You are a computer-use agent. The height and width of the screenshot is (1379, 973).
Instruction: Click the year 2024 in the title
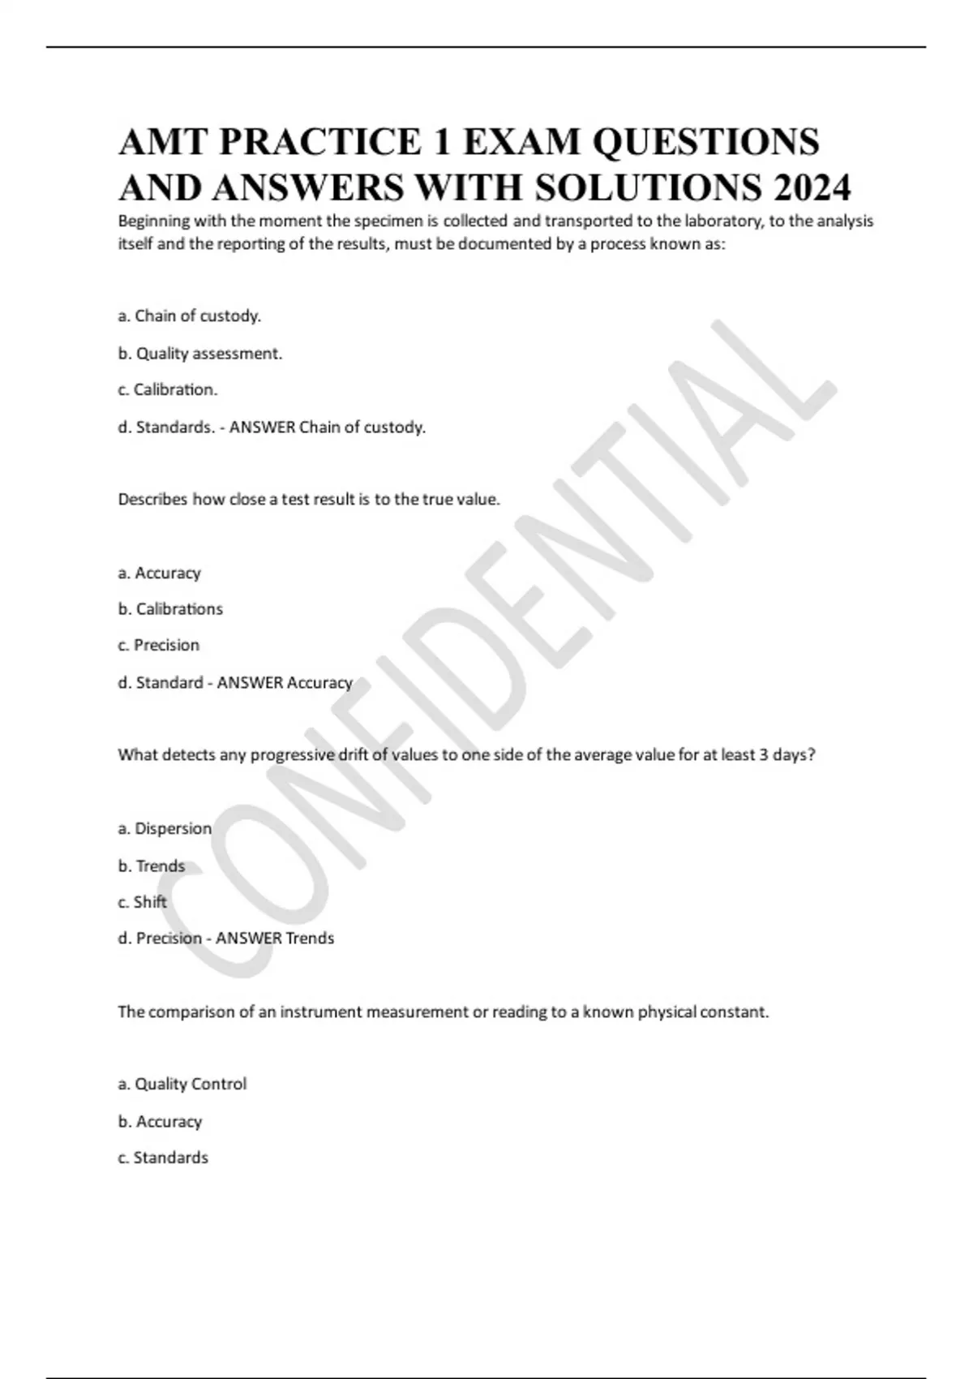pyautogui.click(x=812, y=188)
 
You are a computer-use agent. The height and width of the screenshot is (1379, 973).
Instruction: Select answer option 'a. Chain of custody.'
pyautogui.click(x=190, y=316)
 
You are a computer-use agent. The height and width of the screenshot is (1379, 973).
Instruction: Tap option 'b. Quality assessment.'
pyautogui.click(x=200, y=354)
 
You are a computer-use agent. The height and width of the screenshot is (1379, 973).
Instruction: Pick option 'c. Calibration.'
pyautogui.click(x=168, y=390)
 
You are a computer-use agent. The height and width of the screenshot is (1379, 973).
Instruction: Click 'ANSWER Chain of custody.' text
pyautogui.click(x=328, y=427)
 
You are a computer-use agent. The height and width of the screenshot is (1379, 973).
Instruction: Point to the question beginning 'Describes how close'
pyautogui.click(x=309, y=500)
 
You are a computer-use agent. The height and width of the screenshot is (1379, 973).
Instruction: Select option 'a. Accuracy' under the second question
pyautogui.click(x=159, y=574)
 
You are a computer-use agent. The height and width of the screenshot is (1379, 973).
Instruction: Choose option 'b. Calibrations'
pyautogui.click(x=170, y=609)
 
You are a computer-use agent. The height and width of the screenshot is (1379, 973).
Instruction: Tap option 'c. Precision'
pyautogui.click(x=159, y=646)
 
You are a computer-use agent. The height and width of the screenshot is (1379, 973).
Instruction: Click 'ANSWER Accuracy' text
pyautogui.click(x=285, y=683)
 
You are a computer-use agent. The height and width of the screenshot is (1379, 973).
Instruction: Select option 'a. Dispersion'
pyautogui.click(x=165, y=829)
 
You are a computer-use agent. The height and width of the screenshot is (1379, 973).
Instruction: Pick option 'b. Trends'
pyautogui.click(x=152, y=866)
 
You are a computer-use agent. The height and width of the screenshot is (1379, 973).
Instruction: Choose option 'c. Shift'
pyautogui.click(x=143, y=902)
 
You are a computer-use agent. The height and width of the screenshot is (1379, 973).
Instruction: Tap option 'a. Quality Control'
pyautogui.click(x=182, y=1085)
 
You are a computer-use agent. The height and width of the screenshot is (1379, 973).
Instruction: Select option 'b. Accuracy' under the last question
pyautogui.click(x=160, y=1122)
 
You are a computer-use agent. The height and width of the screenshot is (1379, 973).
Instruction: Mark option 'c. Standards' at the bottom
pyautogui.click(x=163, y=1158)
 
